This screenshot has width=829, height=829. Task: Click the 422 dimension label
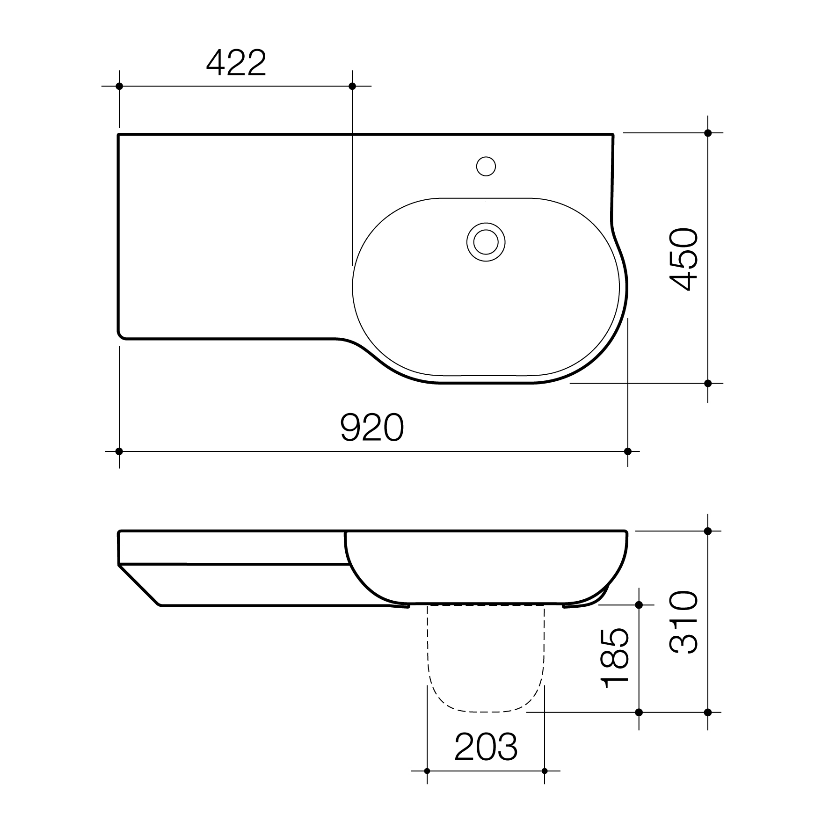point(236,63)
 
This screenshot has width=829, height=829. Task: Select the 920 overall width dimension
point(372,428)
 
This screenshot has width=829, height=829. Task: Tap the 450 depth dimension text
point(684,259)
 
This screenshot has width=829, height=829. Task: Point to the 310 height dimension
point(684,622)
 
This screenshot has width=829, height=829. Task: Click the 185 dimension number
point(615,658)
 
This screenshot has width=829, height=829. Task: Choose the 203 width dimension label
point(486,747)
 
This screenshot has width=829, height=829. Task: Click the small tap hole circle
point(486,166)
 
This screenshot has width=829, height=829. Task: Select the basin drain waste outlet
point(486,242)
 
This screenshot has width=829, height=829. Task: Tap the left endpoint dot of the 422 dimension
point(119,86)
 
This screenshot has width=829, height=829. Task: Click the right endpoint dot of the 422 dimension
point(352,86)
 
